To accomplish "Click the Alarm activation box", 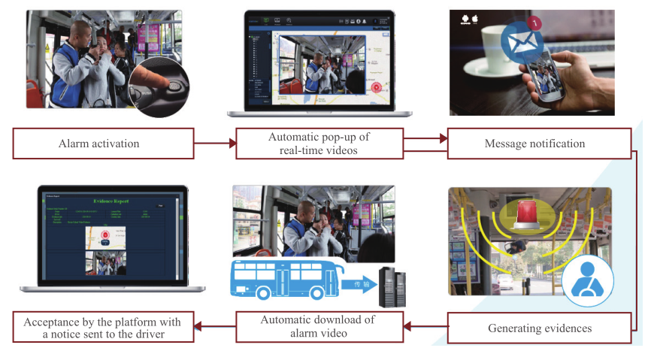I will [103, 143].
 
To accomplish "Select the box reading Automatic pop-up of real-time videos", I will [319, 143].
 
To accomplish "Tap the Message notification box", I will [536, 143].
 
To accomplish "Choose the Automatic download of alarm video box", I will [319, 327].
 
